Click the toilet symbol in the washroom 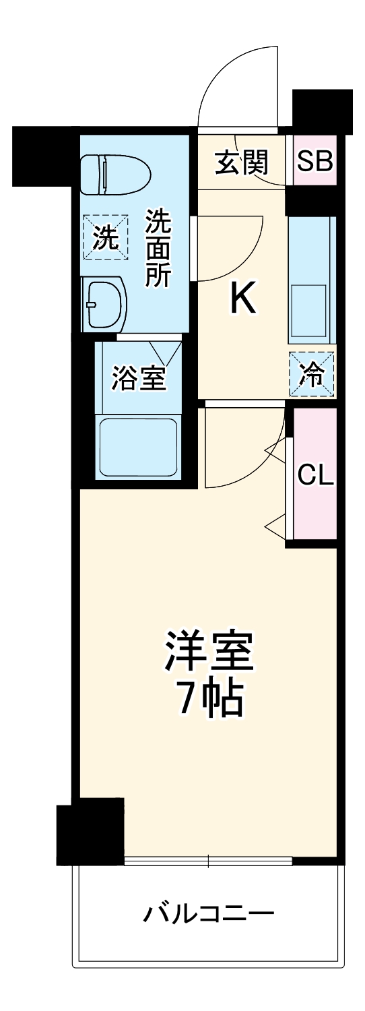pyautogui.click(x=114, y=175)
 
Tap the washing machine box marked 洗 pyautogui.click(x=105, y=237)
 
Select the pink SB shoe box pyautogui.click(x=315, y=161)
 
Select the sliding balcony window pyautogui.click(x=208, y=860)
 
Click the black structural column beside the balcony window pyautogui.click(x=90, y=830)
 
